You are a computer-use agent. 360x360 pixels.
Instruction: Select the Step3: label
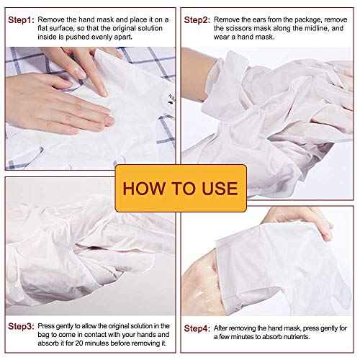[x=20, y=326]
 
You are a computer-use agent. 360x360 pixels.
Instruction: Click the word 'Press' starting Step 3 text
[x=47, y=326]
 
